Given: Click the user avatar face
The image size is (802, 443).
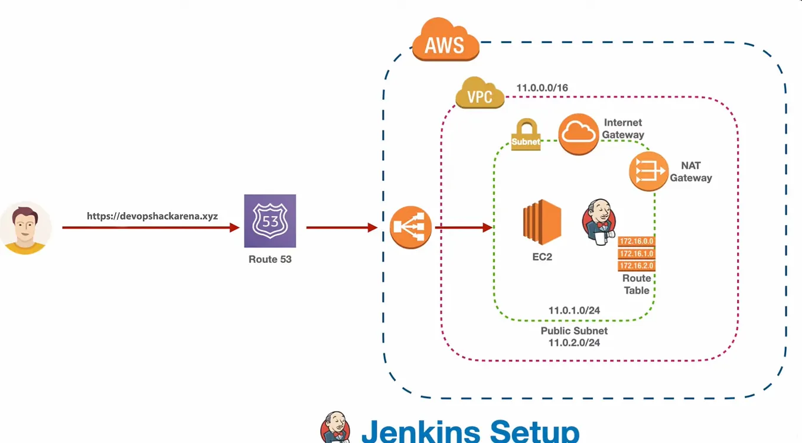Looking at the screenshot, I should [x=25, y=227].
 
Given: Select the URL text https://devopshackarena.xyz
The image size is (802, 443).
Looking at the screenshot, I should [x=152, y=216].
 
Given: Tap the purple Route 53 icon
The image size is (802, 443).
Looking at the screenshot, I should [x=270, y=221].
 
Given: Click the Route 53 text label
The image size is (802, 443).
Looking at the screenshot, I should [x=270, y=259].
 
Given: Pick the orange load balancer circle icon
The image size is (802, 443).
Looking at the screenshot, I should [x=410, y=227].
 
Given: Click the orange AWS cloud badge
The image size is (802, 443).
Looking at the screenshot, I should [x=445, y=41].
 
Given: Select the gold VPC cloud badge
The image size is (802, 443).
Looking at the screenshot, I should [x=480, y=94].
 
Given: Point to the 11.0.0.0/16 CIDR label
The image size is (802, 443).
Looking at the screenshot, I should [x=542, y=88].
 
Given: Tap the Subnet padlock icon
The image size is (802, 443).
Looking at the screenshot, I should [x=526, y=134].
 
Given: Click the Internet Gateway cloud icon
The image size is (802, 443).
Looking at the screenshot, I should [x=578, y=134].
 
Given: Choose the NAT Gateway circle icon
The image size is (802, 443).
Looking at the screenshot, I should [x=648, y=171].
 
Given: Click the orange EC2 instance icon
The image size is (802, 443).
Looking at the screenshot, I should [x=542, y=222].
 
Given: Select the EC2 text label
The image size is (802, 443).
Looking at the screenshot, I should [x=542, y=257].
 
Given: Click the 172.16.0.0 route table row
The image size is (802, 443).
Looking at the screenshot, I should [x=636, y=241].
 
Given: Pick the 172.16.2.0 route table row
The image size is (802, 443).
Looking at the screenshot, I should [x=636, y=266].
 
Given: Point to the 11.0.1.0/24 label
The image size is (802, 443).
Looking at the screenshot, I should [x=574, y=310].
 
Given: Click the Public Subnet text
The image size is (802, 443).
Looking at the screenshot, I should [x=574, y=331].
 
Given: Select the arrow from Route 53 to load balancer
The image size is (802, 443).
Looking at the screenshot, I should [x=341, y=227].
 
